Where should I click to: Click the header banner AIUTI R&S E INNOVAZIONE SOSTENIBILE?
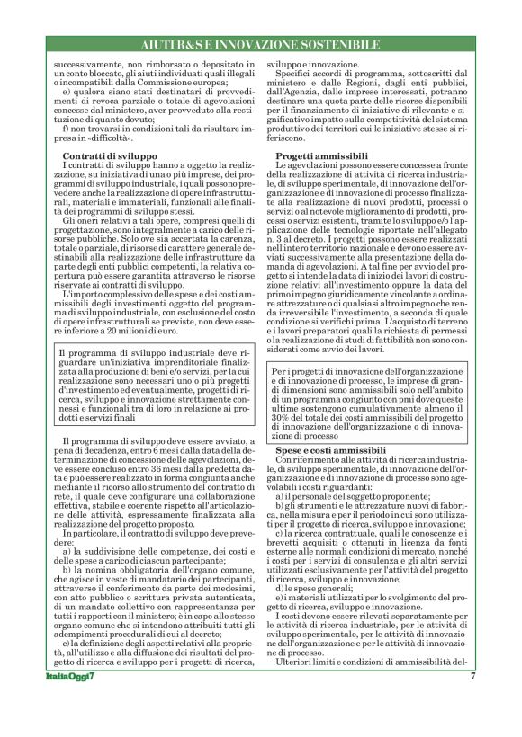(261, 44)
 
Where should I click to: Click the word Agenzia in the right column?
(322, 92)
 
